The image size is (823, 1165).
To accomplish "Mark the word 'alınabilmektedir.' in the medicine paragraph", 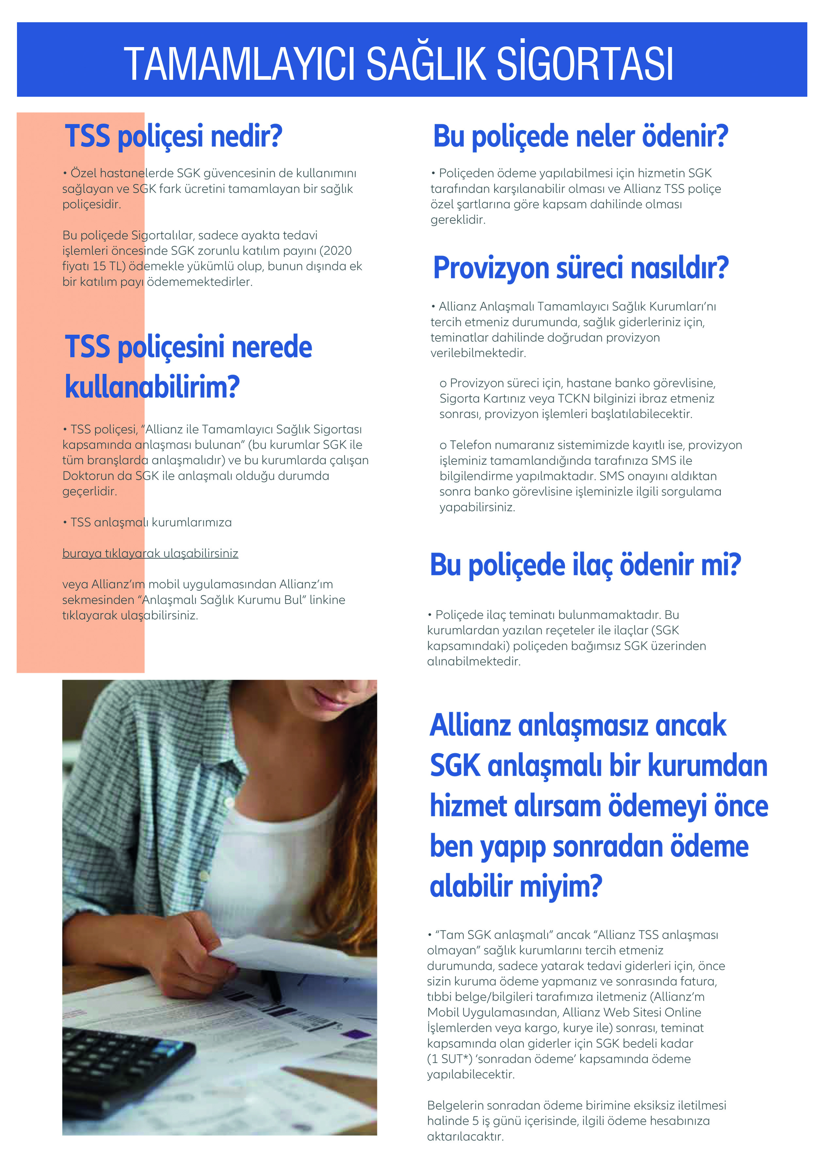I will click(x=474, y=662).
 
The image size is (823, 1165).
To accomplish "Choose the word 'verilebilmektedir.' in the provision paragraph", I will click(x=478, y=353).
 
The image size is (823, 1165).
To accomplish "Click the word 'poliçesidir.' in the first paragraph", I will click(x=91, y=205).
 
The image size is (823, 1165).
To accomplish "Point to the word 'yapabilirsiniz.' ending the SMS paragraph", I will click(x=477, y=507).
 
